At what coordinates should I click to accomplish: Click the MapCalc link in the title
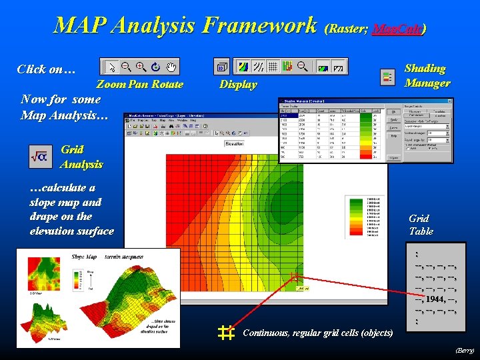pyautogui.click(x=398, y=29)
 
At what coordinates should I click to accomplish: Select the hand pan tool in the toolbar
pyautogui.click(x=171, y=67)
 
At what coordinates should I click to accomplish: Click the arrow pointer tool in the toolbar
pyautogui.click(x=111, y=67)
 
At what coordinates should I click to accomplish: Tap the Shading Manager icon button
pyautogui.click(x=387, y=77)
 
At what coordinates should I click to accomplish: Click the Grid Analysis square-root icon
pyautogui.click(x=38, y=157)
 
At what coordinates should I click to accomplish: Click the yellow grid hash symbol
pyautogui.click(x=226, y=333)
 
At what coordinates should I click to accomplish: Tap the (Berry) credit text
pyautogui.click(x=464, y=350)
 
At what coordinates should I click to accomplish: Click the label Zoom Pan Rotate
pyautogui.click(x=139, y=85)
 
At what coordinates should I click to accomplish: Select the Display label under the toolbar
pyautogui.click(x=238, y=85)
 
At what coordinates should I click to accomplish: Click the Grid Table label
pyautogui.click(x=421, y=225)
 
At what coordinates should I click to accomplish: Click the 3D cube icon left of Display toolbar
pyautogui.click(x=221, y=67)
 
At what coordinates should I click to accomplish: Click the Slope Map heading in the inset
pyautogui.click(x=84, y=257)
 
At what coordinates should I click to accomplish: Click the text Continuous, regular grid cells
pyautogui.click(x=318, y=333)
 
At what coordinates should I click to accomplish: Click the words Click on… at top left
pyautogui.click(x=46, y=69)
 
